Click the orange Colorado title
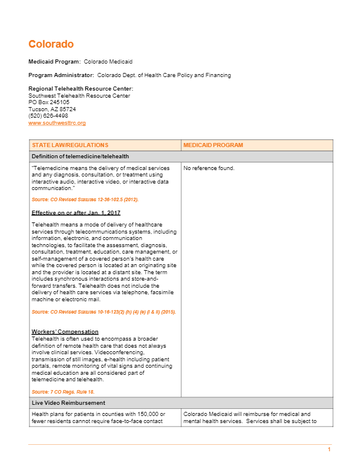coord(51,44)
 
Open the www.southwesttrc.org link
coord(57,123)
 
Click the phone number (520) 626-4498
coord(48,116)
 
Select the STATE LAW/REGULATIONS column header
coord(70,145)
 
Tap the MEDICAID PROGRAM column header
coord(213,145)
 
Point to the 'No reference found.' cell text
coord(209,168)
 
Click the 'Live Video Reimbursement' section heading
coord(68,402)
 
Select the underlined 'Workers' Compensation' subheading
coord(65,332)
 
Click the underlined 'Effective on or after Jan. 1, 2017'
coord(76,212)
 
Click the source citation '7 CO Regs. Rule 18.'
coord(63,391)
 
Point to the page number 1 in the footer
coord(329,450)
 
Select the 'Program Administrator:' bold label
coord(61,75)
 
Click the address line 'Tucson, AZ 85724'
coord(52,109)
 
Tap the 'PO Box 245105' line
coord(49,102)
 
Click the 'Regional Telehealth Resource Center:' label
coord(76,89)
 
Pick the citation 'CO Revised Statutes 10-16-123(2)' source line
coord(104,312)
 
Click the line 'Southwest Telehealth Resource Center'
coord(79,95)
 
